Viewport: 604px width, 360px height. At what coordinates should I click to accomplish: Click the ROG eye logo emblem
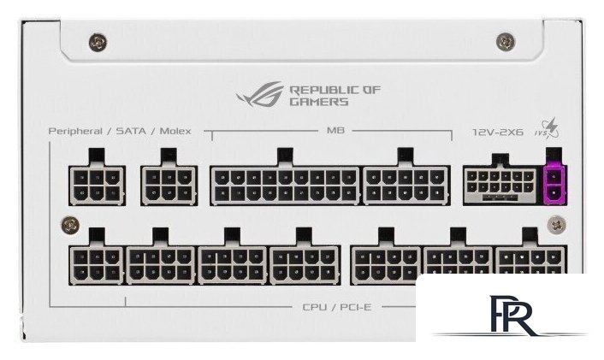[x=262, y=93]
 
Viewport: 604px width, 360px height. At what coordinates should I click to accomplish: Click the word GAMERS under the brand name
[x=319, y=102]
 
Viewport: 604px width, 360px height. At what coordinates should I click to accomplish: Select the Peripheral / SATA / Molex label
[x=120, y=132]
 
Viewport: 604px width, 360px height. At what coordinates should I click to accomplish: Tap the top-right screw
[x=506, y=40]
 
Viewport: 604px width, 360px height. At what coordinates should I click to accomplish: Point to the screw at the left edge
[x=70, y=226]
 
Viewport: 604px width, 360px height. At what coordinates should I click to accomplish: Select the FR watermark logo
[x=512, y=316]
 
